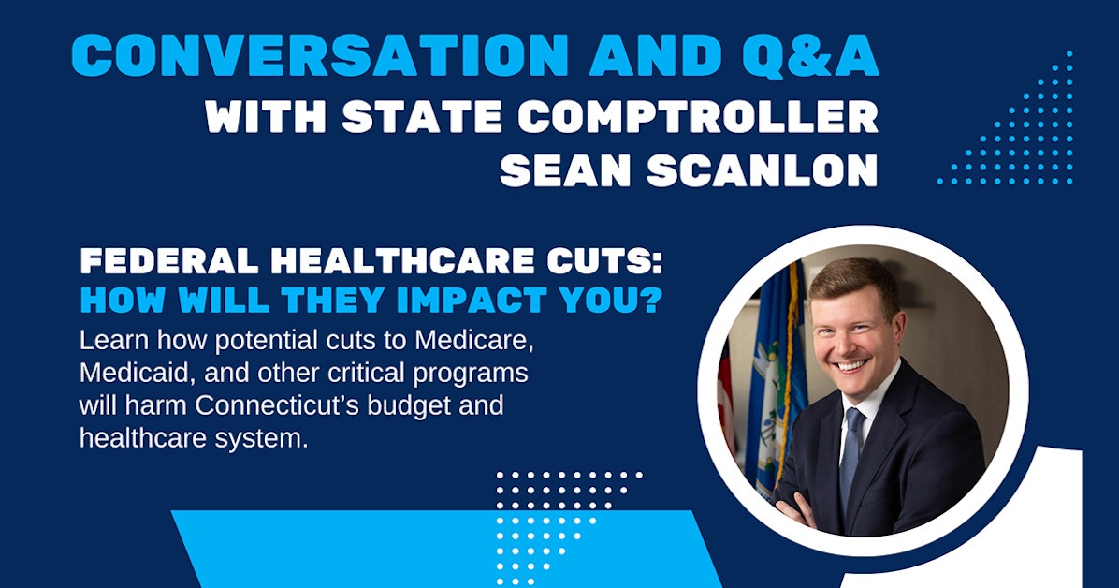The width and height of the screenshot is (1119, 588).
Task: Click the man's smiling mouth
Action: click(851, 363)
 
